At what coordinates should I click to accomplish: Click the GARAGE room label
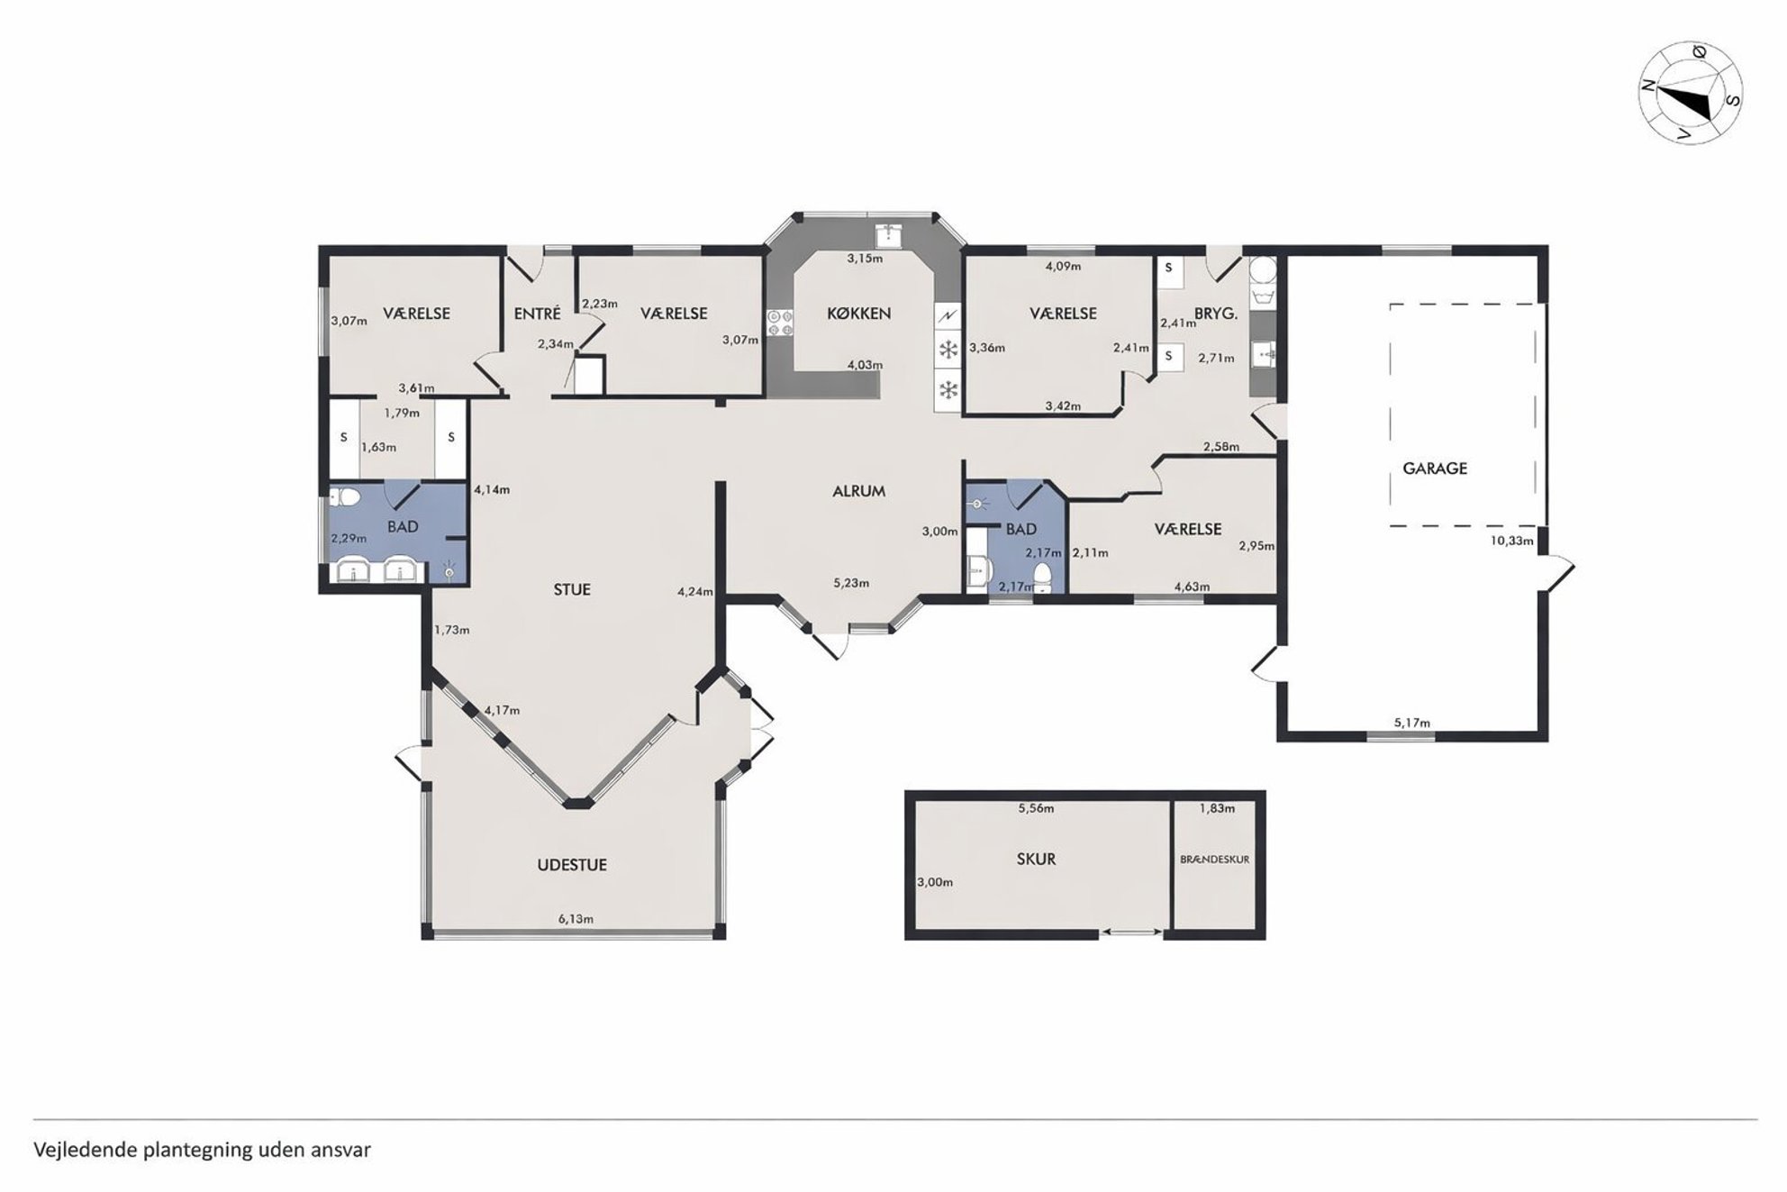click(x=1435, y=469)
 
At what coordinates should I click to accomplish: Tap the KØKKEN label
click(x=859, y=314)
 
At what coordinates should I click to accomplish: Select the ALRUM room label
click(x=858, y=491)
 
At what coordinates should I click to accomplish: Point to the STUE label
click(x=572, y=589)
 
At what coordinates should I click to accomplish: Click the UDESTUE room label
click(x=572, y=865)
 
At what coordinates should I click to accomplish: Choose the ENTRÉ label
click(x=538, y=314)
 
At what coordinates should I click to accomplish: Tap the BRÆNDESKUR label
click(x=1214, y=860)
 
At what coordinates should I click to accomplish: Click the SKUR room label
click(x=1036, y=860)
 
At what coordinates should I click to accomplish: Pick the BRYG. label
click(x=1216, y=314)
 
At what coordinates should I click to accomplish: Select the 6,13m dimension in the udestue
click(x=576, y=919)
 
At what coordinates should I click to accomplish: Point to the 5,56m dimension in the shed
click(x=1036, y=808)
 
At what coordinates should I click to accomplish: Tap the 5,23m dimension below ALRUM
click(x=851, y=583)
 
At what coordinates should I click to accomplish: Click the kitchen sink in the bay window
click(x=889, y=234)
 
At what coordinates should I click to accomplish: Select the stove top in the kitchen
click(x=779, y=323)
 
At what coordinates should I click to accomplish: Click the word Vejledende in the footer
click(x=85, y=1150)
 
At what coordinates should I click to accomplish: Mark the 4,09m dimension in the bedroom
click(x=1063, y=266)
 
